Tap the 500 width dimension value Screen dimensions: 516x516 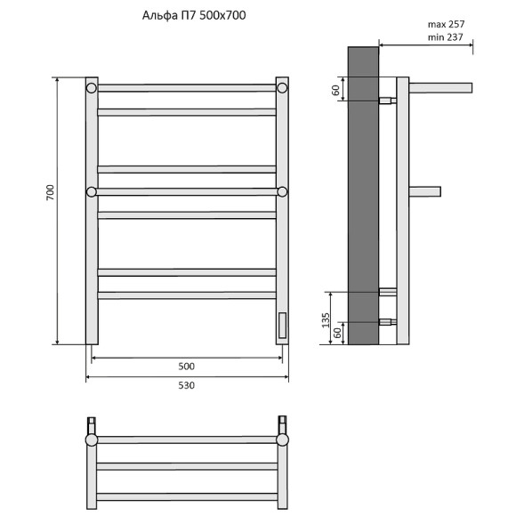tap(186, 367)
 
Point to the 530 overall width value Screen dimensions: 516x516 tap(186, 385)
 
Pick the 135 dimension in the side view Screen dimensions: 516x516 tap(326, 318)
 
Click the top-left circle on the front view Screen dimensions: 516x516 tap(92, 88)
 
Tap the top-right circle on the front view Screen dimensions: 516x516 tap(281, 88)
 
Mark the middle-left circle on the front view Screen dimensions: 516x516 tap(92, 191)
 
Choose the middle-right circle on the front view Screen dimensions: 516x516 tap(281, 191)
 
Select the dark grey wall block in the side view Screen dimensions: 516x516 tap(363, 196)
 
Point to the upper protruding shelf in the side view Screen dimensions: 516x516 tap(439, 87)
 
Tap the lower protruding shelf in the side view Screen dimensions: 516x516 tap(424, 190)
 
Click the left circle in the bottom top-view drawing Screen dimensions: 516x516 tap(91, 439)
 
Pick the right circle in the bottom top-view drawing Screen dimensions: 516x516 tap(282, 439)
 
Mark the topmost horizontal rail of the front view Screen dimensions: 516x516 tap(186, 88)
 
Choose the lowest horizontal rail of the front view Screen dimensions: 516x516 tap(186, 294)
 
